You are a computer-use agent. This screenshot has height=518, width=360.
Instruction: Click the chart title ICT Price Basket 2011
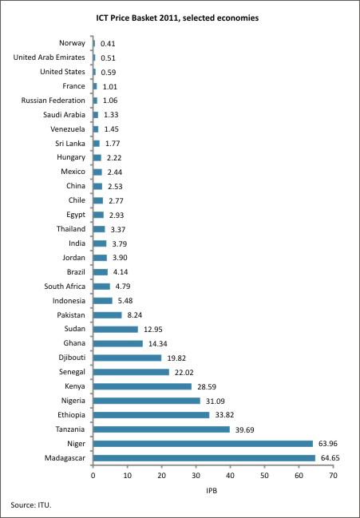coord(177,18)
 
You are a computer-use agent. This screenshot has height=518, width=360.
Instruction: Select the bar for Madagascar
coord(204,458)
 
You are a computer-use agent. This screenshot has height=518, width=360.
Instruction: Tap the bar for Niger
coord(203,444)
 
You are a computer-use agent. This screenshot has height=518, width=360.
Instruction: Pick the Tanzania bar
coord(161,429)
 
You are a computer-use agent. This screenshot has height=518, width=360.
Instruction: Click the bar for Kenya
coord(142,386)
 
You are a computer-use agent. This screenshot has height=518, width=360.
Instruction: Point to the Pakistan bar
coord(107,314)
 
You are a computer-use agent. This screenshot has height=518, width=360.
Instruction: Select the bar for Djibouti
coord(127,358)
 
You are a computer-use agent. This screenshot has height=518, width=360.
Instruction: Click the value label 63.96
coord(327,444)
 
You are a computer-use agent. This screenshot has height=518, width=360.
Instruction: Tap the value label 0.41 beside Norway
coord(108,44)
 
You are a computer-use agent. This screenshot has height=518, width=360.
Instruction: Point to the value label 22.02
coord(183,373)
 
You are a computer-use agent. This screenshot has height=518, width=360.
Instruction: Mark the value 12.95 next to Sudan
coord(153,330)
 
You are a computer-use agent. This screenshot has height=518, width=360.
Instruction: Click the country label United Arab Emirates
coord(49,57)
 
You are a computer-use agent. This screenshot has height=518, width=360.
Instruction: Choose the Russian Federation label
coord(53,100)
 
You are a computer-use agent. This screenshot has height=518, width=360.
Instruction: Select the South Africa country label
coord(65,286)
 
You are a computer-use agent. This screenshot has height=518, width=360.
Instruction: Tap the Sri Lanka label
coord(70,143)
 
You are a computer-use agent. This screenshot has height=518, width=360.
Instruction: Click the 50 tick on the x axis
coord(264,476)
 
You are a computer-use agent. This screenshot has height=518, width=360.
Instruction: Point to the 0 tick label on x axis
coord(93,476)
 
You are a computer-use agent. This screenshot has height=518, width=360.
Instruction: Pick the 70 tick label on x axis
coord(333,476)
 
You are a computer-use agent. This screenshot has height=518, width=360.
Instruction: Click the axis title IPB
coord(212,491)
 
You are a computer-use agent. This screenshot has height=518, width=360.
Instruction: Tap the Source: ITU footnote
coord(31,504)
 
